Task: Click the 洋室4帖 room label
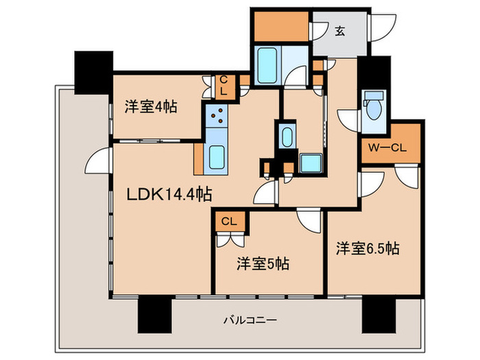[x=151, y=107]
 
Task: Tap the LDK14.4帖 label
[x=169, y=195]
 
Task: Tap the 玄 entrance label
[x=340, y=30]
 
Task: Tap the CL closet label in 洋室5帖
[x=228, y=221]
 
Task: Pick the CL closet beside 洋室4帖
[x=224, y=86]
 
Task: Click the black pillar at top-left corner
[x=93, y=73]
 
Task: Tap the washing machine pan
[x=313, y=164]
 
